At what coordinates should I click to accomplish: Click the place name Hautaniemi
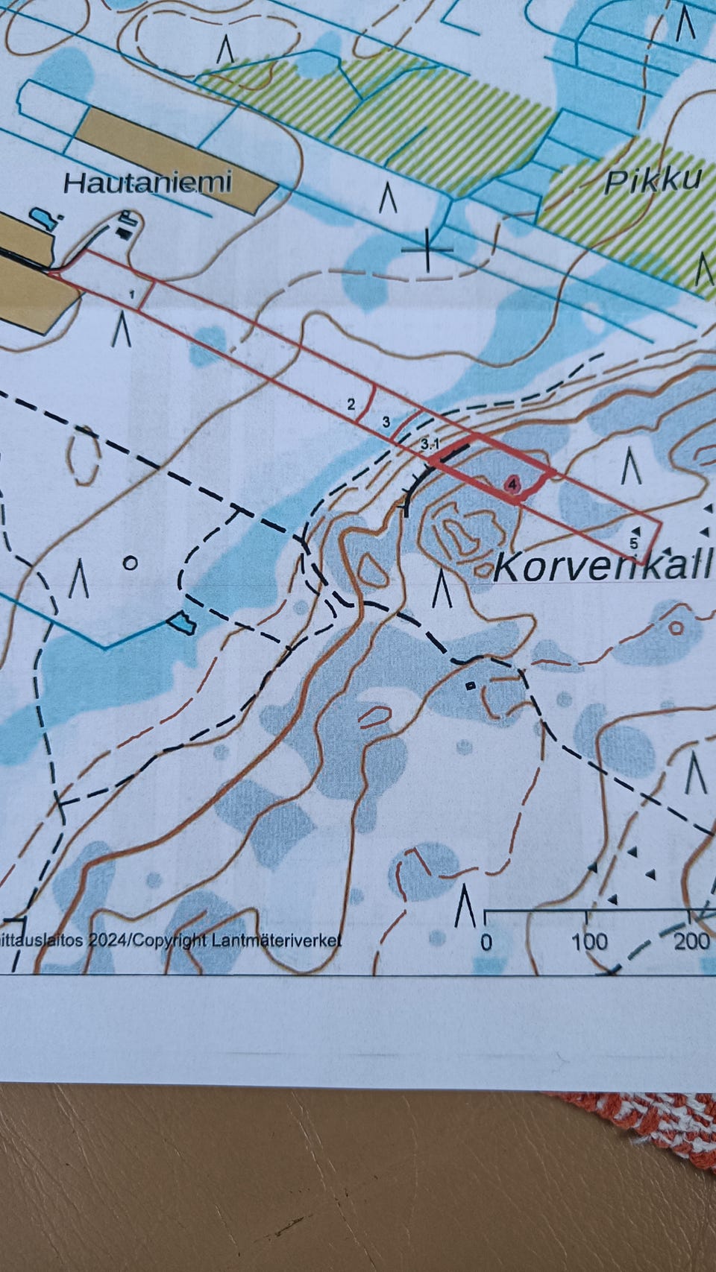pos(147,183)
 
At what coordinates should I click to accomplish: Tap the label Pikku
pos(653,180)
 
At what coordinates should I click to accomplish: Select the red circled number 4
pos(512,484)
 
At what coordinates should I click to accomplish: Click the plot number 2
pos(351,405)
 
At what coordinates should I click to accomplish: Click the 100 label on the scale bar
pos(589,941)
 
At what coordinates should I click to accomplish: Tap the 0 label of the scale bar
pos(486,941)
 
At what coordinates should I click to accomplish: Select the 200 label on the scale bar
pos(691,940)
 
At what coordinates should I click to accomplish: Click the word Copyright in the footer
pos(172,940)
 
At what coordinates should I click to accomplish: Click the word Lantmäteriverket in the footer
pos(276,940)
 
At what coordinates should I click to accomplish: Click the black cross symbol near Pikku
pos(427,248)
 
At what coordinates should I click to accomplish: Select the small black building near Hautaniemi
pos(124,232)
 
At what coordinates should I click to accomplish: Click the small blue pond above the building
pos(43,219)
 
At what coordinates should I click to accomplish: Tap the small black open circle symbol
pos(130,563)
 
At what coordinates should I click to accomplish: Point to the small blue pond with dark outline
pos(180,621)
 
